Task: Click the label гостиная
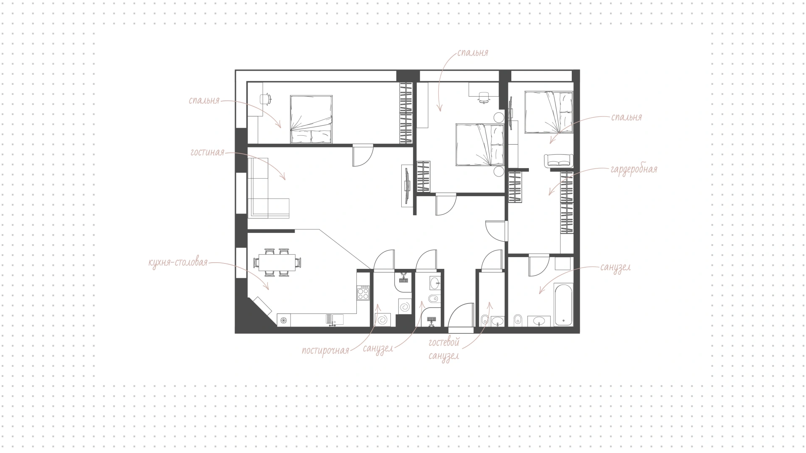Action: [207, 152]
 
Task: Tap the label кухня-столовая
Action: [178, 263]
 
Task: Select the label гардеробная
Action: [634, 169]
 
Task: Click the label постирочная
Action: [326, 350]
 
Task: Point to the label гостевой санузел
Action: [444, 350]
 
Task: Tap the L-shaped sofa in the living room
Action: [269, 188]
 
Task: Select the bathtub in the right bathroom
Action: [563, 305]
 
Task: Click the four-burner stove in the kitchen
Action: [363, 292]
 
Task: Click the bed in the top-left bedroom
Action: [311, 119]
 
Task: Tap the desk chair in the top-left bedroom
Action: [266, 99]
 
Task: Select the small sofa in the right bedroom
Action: [558, 161]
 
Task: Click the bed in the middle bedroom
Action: [480, 145]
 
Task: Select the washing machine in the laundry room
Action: [383, 320]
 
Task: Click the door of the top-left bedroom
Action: [363, 155]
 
